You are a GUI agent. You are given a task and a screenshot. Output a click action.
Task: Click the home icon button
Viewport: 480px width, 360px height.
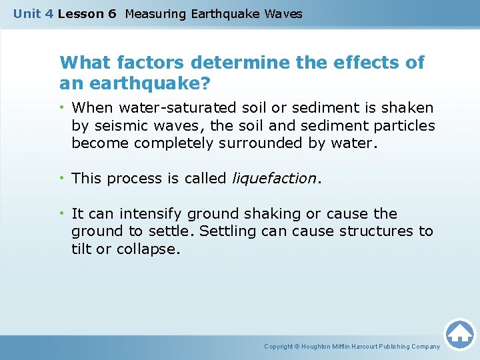[459, 333]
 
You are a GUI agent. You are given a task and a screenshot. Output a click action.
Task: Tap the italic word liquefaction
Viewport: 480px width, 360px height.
[273, 179]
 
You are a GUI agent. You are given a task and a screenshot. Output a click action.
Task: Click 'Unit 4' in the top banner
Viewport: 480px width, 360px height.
[33, 13]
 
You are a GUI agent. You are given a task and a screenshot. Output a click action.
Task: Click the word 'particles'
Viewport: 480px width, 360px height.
[404, 125]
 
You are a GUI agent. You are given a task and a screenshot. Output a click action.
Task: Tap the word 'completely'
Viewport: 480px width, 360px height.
[169, 143]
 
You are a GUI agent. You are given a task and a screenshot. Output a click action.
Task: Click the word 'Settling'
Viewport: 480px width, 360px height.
[227, 231]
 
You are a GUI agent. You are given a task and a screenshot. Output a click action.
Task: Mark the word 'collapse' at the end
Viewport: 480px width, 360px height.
[153, 249]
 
